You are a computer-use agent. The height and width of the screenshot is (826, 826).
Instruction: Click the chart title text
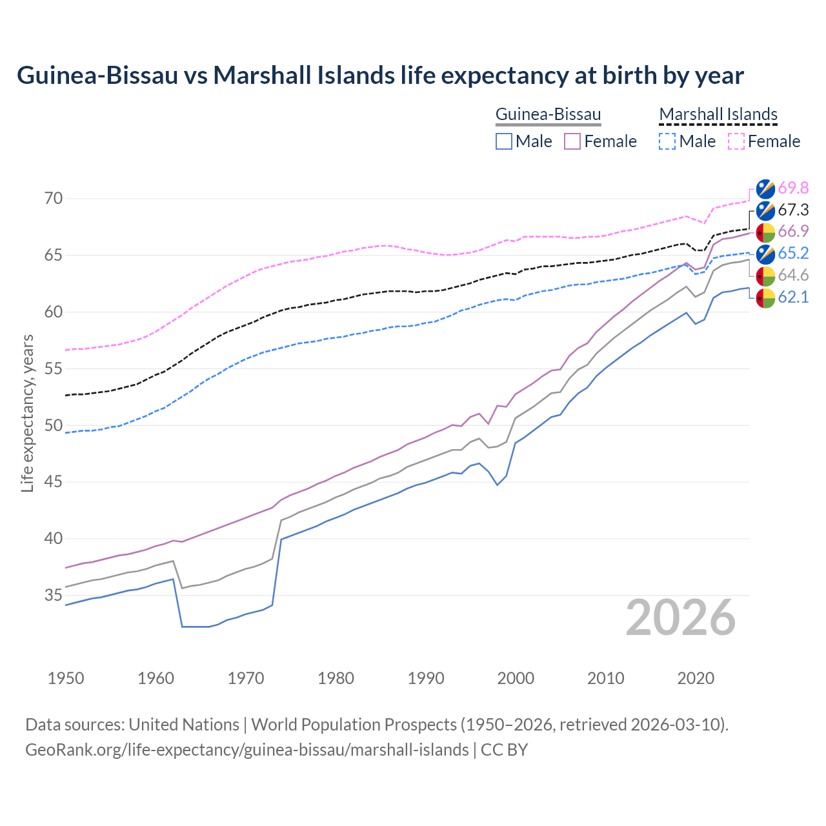[380, 76]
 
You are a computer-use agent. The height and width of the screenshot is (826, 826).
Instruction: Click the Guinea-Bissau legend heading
[548, 114]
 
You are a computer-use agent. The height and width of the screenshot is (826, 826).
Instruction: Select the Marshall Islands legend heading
[718, 114]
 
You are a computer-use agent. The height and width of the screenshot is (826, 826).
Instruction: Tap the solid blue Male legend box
[504, 141]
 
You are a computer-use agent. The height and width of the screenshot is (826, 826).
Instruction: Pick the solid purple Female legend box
[572, 141]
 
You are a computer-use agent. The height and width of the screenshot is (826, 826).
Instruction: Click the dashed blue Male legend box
[667, 141]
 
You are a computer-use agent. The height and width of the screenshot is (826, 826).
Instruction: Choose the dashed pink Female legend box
[736, 141]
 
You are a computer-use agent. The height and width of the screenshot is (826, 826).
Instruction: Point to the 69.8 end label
[793, 188]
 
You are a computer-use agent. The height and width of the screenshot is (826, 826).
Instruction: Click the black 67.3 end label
[793, 210]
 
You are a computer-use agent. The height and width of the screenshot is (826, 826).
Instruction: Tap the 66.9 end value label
[793, 231]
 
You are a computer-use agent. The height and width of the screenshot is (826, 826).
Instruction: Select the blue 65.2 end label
[793, 253]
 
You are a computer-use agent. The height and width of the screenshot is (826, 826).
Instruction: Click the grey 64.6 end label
[793, 275]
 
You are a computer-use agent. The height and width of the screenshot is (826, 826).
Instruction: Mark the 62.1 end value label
[793, 297]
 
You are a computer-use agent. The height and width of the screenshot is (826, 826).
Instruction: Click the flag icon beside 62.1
[765, 297]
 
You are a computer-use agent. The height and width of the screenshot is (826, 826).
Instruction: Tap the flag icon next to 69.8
[765, 188]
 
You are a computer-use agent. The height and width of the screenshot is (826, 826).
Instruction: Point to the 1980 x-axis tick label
[336, 678]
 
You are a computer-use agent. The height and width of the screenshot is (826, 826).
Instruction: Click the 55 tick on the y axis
[54, 369]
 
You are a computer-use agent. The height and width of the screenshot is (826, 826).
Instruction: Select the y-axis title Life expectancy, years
[28, 413]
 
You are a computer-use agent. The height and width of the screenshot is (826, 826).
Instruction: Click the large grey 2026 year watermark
[680, 618]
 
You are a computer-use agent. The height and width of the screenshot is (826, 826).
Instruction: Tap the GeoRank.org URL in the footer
[247, 750]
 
